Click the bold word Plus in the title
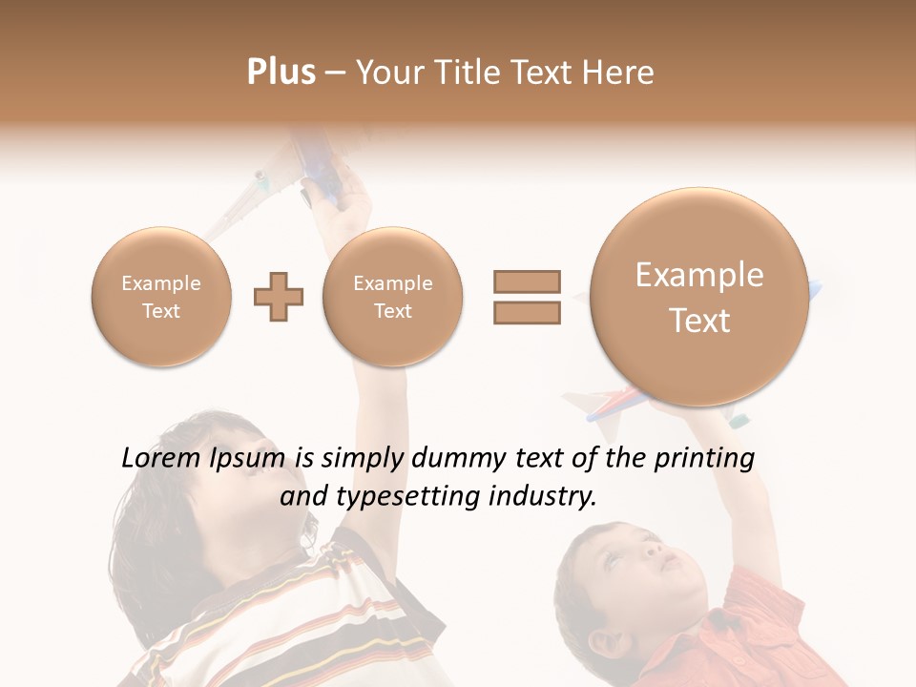tap(281, 73)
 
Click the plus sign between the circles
tap(279, 297)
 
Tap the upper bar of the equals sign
tap(526, 281)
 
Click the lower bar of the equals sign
tap(526, 313)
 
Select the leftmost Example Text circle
tap(160, 297)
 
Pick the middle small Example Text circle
tap(392, 297)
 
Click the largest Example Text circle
tap(699, 297)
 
